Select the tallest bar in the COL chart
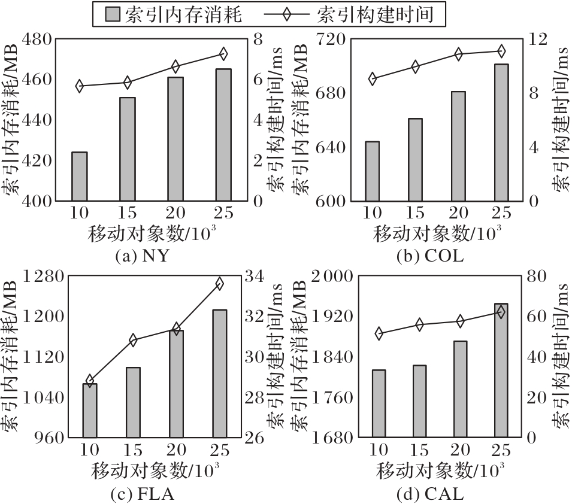coord(501,132)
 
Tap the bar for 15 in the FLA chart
coord(132,402)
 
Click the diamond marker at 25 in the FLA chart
coord(219,283)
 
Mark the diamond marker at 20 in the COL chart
coord(459,54)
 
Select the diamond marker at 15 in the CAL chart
coord(419,325)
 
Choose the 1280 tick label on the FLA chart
coord(43,276)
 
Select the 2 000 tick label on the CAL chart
coord(331,276)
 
